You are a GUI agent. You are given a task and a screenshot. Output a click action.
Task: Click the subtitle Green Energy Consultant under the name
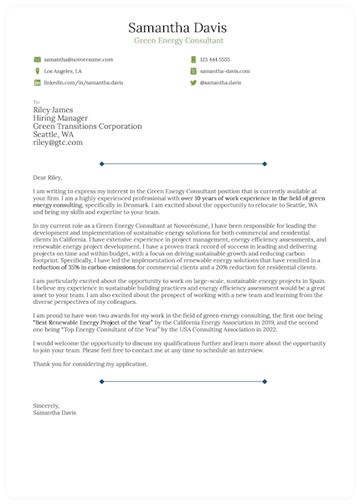point(179,40)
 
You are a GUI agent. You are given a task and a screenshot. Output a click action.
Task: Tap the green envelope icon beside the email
point(37,60)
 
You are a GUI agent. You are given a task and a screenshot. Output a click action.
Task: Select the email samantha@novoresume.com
point(78,60)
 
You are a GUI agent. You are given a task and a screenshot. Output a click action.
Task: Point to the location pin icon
point(37,72)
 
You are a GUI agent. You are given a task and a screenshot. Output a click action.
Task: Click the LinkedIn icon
point(37,84)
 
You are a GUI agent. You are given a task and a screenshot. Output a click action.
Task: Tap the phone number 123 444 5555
point(215,60)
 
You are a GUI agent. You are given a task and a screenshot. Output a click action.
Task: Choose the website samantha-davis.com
point(225,72)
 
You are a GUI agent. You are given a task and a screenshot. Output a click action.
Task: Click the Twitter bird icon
point(193,84)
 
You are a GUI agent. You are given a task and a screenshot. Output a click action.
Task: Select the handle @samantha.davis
point(220,84)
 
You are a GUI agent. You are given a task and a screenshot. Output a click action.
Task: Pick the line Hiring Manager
point(61,118)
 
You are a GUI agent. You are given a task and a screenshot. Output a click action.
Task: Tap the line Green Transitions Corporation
point(87,126)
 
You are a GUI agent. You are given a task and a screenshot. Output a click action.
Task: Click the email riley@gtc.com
point(58,143)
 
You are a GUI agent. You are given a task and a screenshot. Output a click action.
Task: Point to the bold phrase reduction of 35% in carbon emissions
point(81,266)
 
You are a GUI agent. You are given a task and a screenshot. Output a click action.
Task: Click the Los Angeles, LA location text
point(63,72)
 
